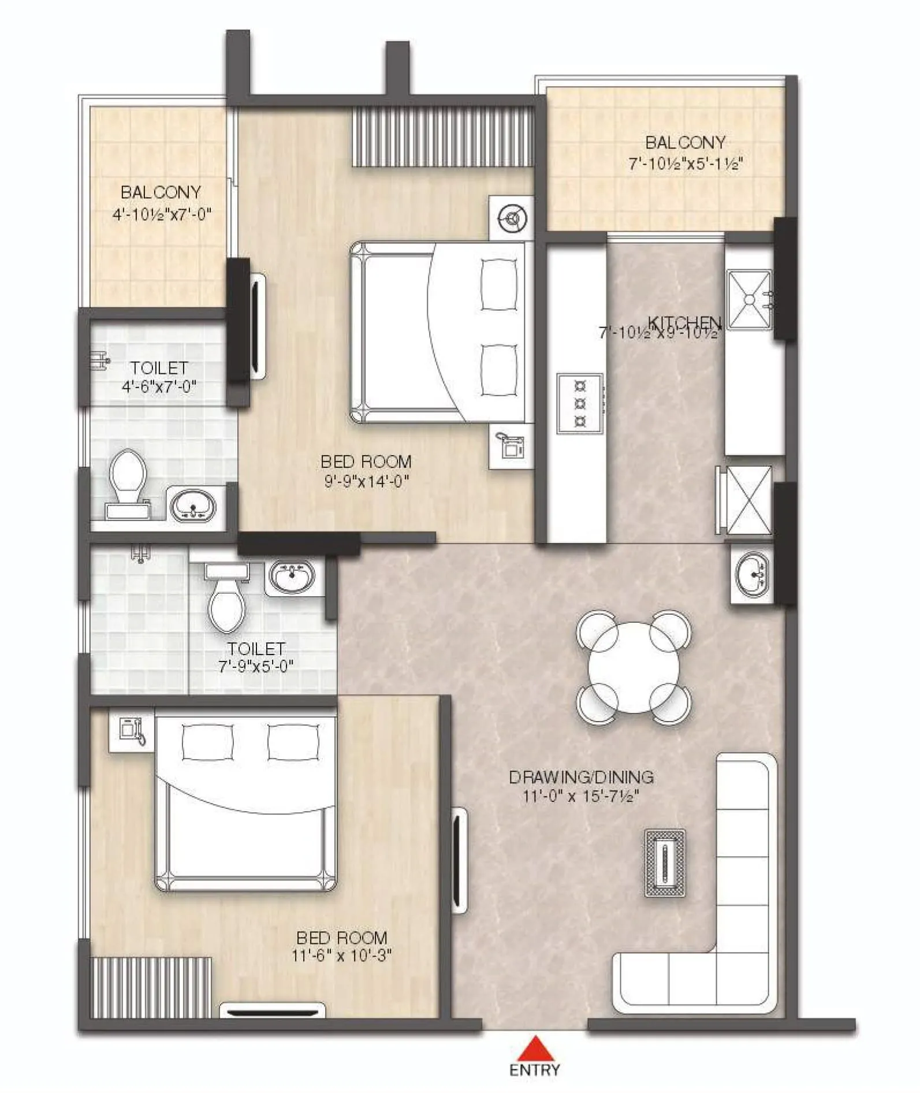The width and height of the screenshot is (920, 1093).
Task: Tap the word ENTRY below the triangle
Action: tap(535, 1070)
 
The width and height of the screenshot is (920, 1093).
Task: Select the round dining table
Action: tap(634, 667)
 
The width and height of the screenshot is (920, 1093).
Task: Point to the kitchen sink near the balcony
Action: tap(749, 299)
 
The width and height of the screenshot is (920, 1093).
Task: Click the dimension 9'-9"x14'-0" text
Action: tap(366, 481)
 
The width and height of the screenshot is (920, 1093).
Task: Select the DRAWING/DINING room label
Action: tap(581, 777)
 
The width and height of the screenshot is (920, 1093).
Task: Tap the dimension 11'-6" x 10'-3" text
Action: tap(342, 956)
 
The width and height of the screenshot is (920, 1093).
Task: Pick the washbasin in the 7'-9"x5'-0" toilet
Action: tap(291, 575)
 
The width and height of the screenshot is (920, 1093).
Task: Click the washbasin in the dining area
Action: tap(751, 573)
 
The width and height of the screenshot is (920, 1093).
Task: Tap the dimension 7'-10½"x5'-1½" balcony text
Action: tap(685, 163)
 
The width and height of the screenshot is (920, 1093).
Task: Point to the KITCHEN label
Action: tap(685, 322)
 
